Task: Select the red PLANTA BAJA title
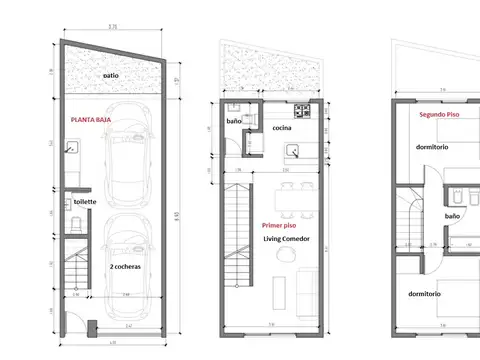click(89, 119)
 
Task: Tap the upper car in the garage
click(127, 154)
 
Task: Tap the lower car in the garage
click(127, 249)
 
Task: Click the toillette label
click(84, 202)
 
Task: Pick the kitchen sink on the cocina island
click(295, 151)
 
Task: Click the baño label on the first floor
click(234, 121)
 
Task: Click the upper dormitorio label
click(431, 147)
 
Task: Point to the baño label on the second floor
click(451, 215)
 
